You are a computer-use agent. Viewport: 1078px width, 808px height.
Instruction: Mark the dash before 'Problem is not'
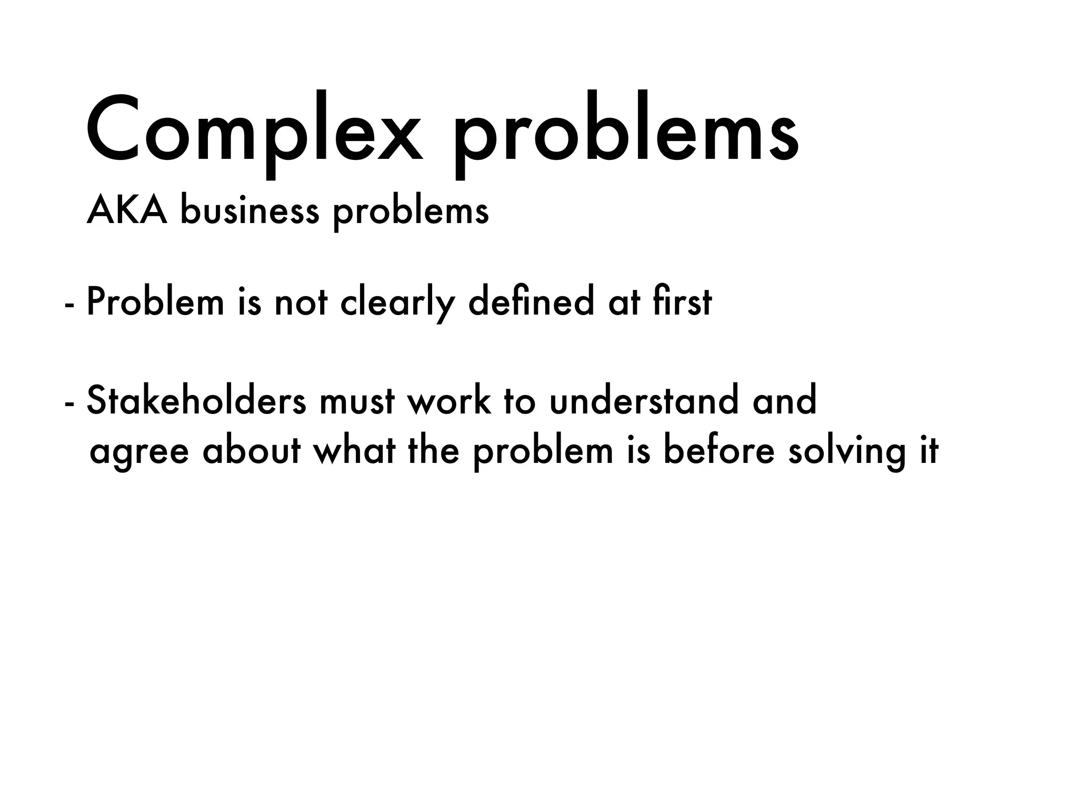pos(68,305)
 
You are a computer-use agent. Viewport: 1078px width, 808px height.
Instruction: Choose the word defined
pos(531,302)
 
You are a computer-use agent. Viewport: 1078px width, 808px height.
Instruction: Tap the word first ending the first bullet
pos(682,302)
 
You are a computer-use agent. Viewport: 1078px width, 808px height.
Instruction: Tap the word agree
pos(139,453)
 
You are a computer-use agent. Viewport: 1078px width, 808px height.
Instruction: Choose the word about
pos(252,451)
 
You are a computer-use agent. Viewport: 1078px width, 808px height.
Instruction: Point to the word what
pos(354,451)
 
